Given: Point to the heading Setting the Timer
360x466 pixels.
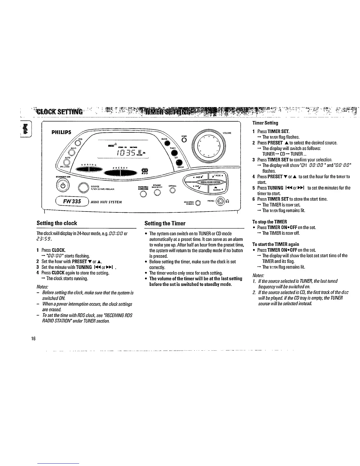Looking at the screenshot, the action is (x=165, y=223).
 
